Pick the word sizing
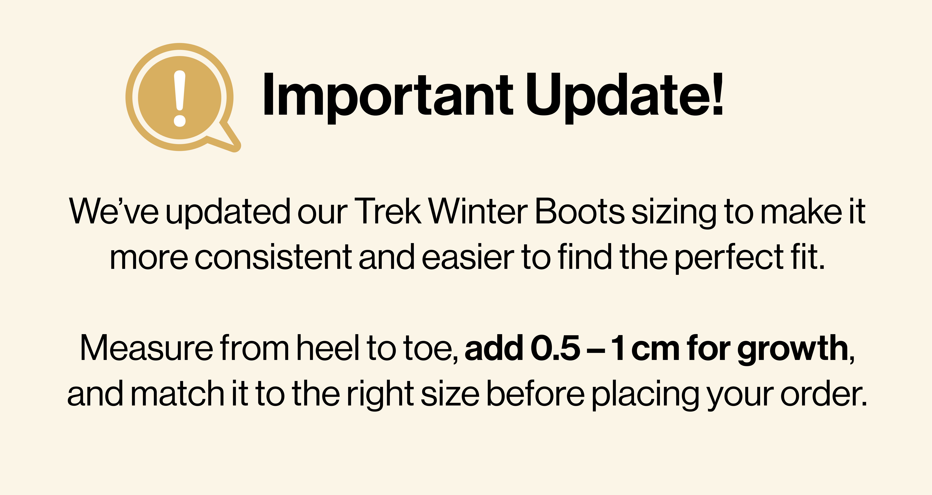pos(674,214)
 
